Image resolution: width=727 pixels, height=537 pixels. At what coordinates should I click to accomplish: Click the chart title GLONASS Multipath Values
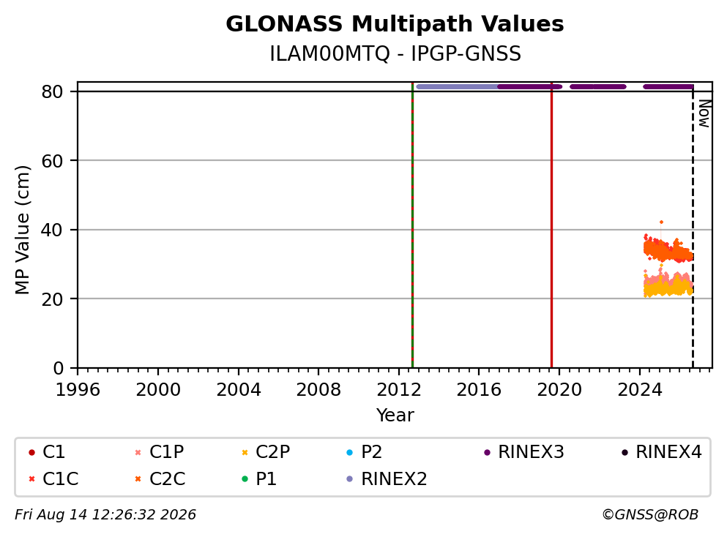395,24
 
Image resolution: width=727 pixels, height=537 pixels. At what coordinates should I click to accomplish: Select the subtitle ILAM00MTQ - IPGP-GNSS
395,53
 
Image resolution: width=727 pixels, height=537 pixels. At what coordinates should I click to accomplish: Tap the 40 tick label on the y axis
52,230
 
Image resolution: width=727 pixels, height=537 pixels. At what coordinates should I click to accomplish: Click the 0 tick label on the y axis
58,368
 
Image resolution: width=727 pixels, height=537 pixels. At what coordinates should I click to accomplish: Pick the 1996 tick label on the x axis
78,390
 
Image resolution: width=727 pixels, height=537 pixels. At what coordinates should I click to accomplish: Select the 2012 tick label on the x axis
399,390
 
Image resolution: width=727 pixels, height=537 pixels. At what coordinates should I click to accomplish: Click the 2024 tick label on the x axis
639,390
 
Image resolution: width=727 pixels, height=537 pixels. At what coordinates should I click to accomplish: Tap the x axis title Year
395,415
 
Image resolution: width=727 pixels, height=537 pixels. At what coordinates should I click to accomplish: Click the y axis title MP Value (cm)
22,230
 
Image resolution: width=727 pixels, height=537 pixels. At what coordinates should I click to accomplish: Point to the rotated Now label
704,113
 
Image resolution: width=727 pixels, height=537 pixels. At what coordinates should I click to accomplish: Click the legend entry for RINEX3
524,451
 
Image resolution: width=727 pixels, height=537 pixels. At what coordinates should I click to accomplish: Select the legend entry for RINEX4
662,451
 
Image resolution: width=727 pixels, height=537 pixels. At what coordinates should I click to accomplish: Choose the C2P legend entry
266,451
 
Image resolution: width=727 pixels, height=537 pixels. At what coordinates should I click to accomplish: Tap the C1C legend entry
53,478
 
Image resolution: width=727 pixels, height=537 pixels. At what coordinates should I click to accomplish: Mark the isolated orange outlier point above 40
661,222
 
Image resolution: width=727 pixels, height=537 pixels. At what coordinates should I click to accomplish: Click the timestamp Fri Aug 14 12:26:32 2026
105,515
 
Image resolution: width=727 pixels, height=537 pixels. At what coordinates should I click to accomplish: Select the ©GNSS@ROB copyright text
650,515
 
